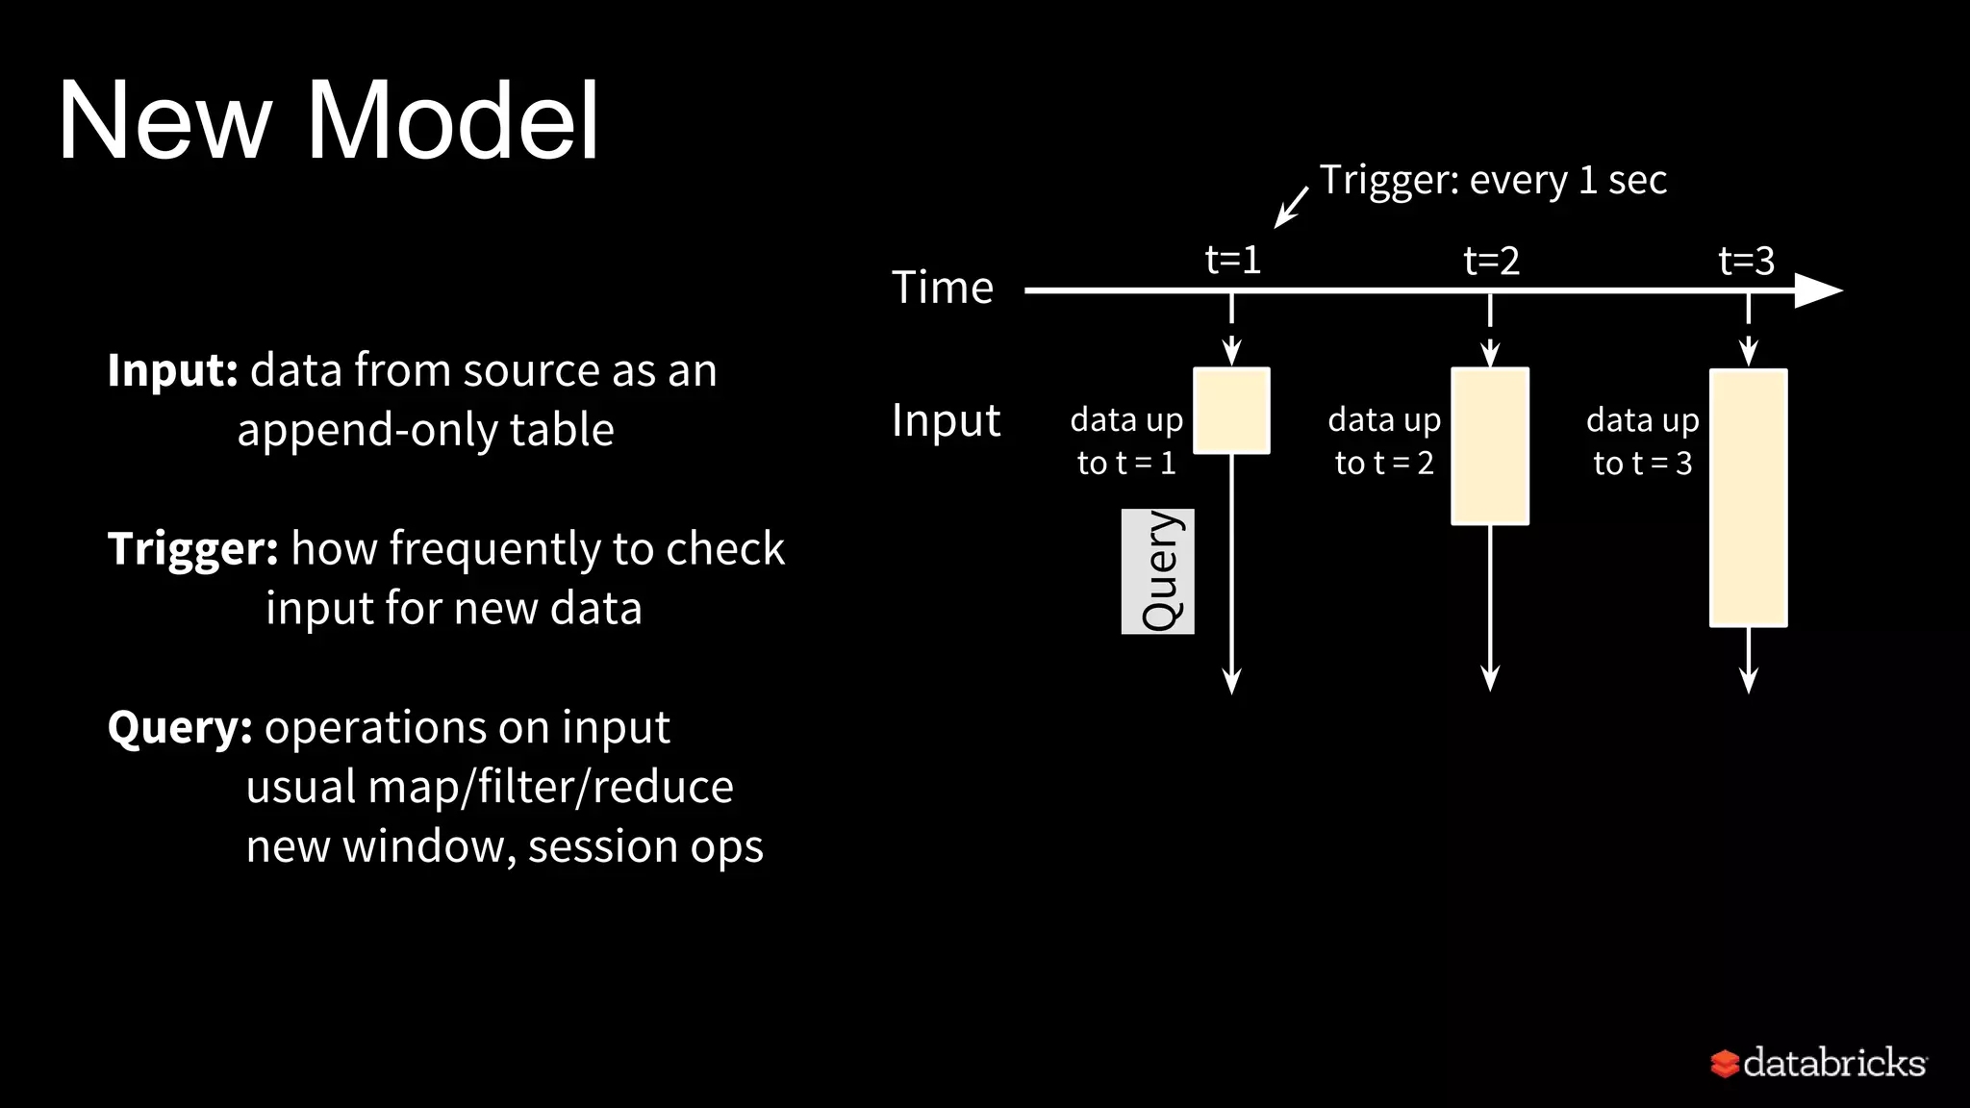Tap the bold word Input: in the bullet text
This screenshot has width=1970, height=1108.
click(x=172, y=370)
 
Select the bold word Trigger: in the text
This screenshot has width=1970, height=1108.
click(x=192, y=549)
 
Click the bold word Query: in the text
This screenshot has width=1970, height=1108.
click(x=180, y=727)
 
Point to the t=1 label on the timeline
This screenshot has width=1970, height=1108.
click(x=1232, y=260)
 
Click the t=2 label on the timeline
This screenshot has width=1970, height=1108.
click(x=1491, y=261)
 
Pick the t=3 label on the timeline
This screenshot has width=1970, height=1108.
click(x=1746, y=261)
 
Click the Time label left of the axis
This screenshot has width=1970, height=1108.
click(x=942, y=288)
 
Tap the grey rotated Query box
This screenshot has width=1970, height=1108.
click(x=1157, y=571)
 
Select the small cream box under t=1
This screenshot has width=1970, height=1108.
click(x=1231, y=411)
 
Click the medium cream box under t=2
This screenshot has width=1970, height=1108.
click(x=1490, y=446)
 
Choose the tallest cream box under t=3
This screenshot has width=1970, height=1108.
click(x=1748, y=498)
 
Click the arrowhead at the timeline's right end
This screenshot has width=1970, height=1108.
click(x=1817, y=290)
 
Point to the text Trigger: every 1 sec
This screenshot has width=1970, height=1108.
click(x=1492, y=180)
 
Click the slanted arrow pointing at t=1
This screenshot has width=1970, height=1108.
click(x=1291, y=208)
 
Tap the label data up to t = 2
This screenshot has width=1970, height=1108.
click(x=1384, y=441)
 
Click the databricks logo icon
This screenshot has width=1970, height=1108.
click(x=1724, y=1063)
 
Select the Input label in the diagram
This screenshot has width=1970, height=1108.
click(x=946, y=420)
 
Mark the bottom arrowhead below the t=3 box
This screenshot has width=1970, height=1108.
click(x=1749, y=680)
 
